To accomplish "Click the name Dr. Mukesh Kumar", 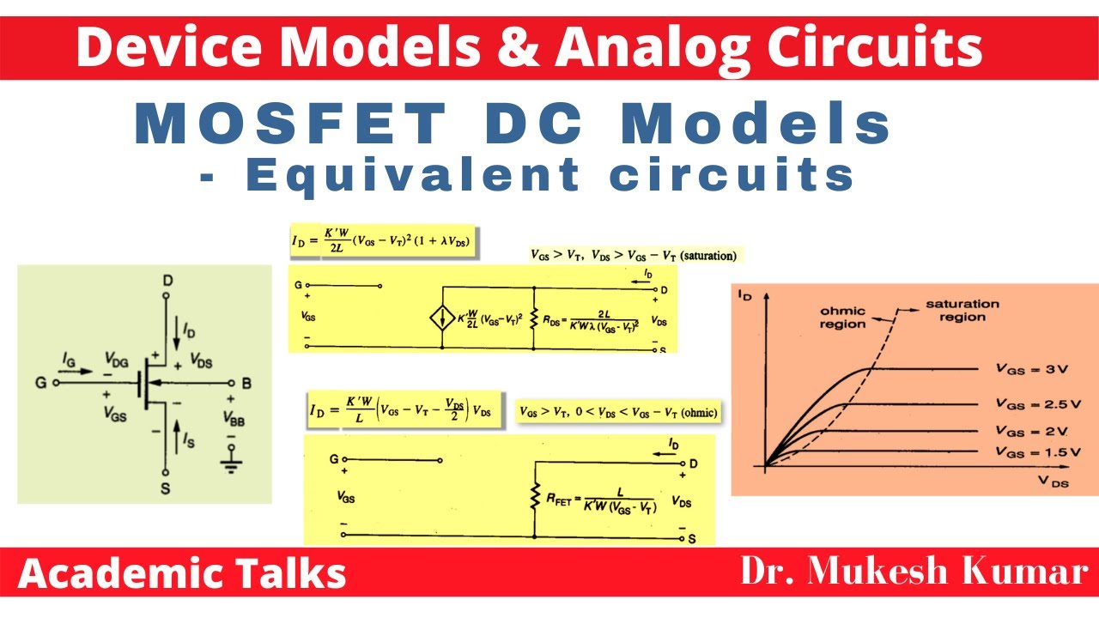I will click(914, 571).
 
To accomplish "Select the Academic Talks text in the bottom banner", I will click(182, 573).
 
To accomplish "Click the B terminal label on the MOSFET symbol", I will click(246, 383).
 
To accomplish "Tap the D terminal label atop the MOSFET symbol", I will click(166, 282).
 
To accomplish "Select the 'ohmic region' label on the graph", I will click(842, 317).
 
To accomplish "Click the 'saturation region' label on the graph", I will click(961, 310).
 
